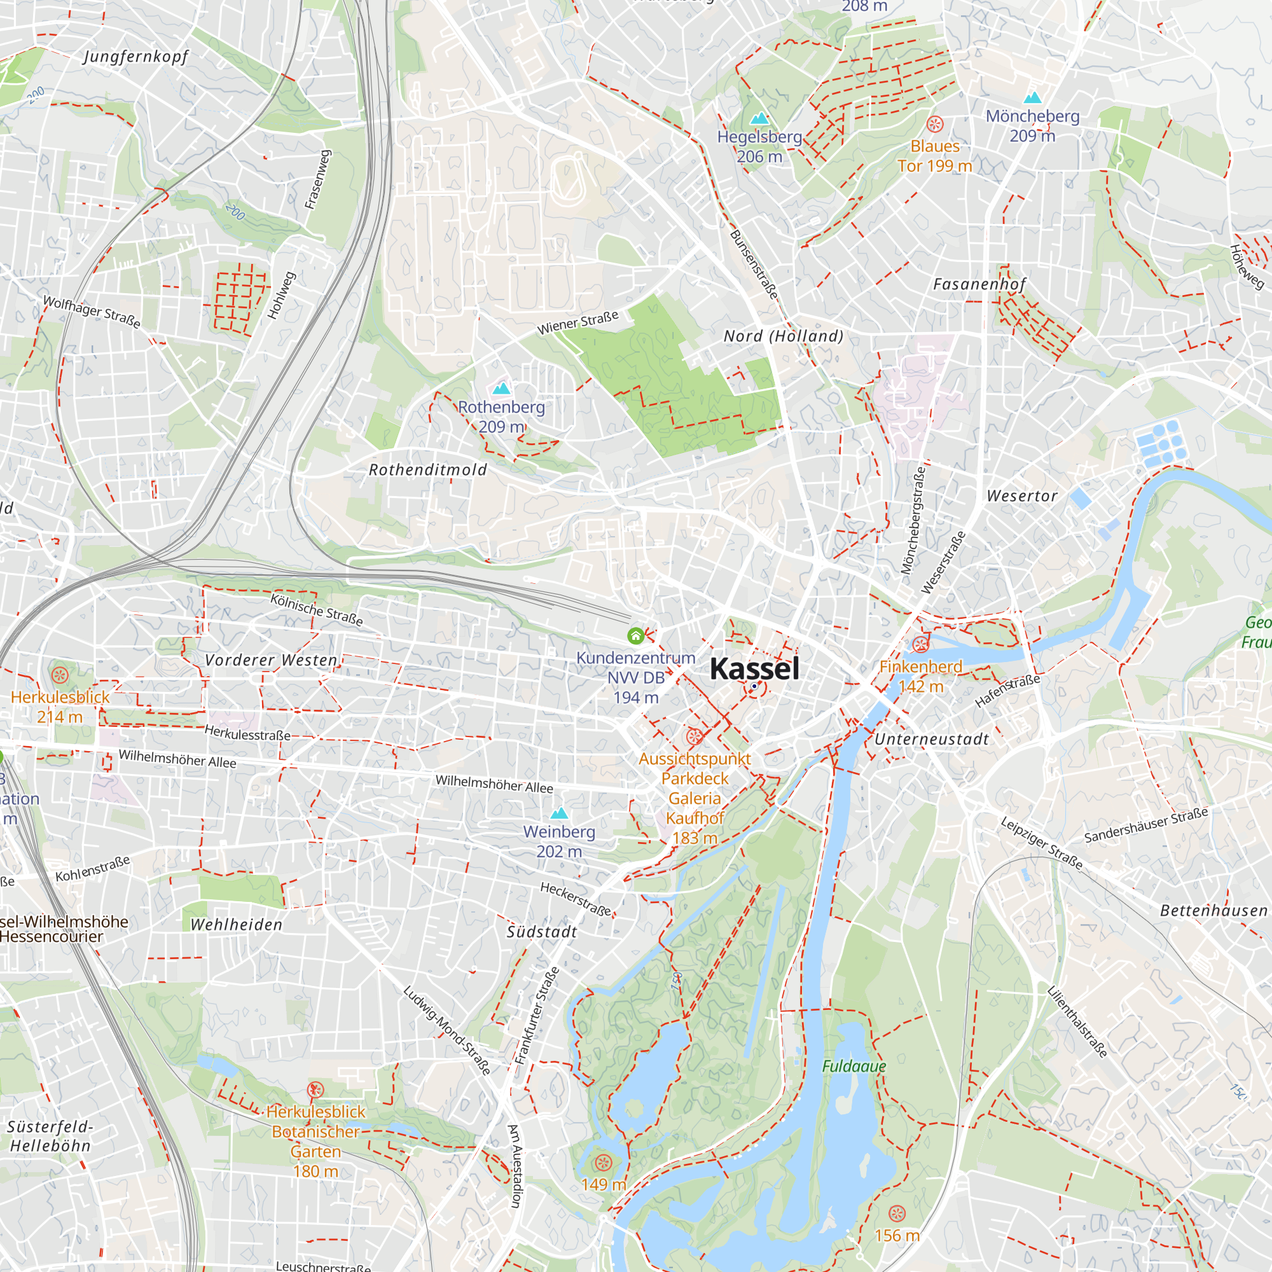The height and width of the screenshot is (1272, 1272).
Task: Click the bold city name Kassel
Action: point(754,669)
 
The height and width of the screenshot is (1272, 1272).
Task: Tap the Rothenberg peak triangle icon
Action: point(502,388)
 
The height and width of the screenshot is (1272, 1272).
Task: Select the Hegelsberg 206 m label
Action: point(759,146)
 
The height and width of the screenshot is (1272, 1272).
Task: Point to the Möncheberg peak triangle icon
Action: point(1032,97)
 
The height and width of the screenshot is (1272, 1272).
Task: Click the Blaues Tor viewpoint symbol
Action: point(935,124)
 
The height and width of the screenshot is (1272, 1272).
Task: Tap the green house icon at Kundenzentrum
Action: point(635,635)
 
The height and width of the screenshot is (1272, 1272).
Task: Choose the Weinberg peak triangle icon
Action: point(559,812)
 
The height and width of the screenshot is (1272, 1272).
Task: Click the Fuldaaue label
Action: point(854,1065)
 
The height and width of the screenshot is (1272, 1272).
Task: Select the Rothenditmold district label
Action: point(428,469)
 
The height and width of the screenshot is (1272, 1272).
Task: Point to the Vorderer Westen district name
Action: point(272,660)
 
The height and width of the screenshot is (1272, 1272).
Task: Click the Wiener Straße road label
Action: point(577,322)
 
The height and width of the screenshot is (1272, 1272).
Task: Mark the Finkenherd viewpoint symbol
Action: point(920,644)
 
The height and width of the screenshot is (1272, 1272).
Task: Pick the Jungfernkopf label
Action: point(135,57)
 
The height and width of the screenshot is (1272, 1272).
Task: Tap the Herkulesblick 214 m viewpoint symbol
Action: point(60,675)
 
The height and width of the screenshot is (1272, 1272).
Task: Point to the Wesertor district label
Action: point(1022,496)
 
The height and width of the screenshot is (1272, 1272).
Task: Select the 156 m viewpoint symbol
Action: point(897,1213)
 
